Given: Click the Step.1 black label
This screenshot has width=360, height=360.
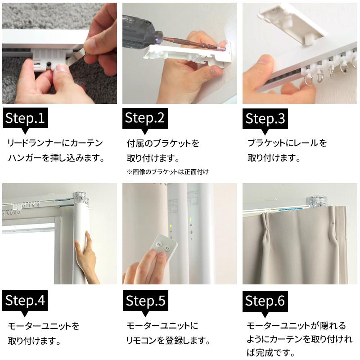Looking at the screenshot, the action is [x=25, y=118].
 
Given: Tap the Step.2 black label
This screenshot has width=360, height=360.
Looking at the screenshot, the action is [x=145, y=118].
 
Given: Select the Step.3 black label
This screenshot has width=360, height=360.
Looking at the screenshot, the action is [x=265, y=119].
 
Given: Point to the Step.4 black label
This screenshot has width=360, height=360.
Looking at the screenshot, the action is [x=25, y=301].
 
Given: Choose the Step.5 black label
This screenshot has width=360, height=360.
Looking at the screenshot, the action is [x=145, y=301].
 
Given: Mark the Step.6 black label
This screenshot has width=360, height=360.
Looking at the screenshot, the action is [x=265, y=301].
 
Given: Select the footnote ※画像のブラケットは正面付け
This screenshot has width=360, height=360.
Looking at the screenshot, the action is [x=168, y=172].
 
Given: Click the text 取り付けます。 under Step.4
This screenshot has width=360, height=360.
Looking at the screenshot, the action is [x=35, y=341].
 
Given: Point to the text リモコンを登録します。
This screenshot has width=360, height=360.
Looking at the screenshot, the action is [x=168, y=340].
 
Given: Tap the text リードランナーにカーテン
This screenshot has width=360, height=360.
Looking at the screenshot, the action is [x=55, y=143].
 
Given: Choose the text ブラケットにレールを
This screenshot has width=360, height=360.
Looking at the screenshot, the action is [x=287, y=143].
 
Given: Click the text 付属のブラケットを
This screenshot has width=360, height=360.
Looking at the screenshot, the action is [x=163, y=144].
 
